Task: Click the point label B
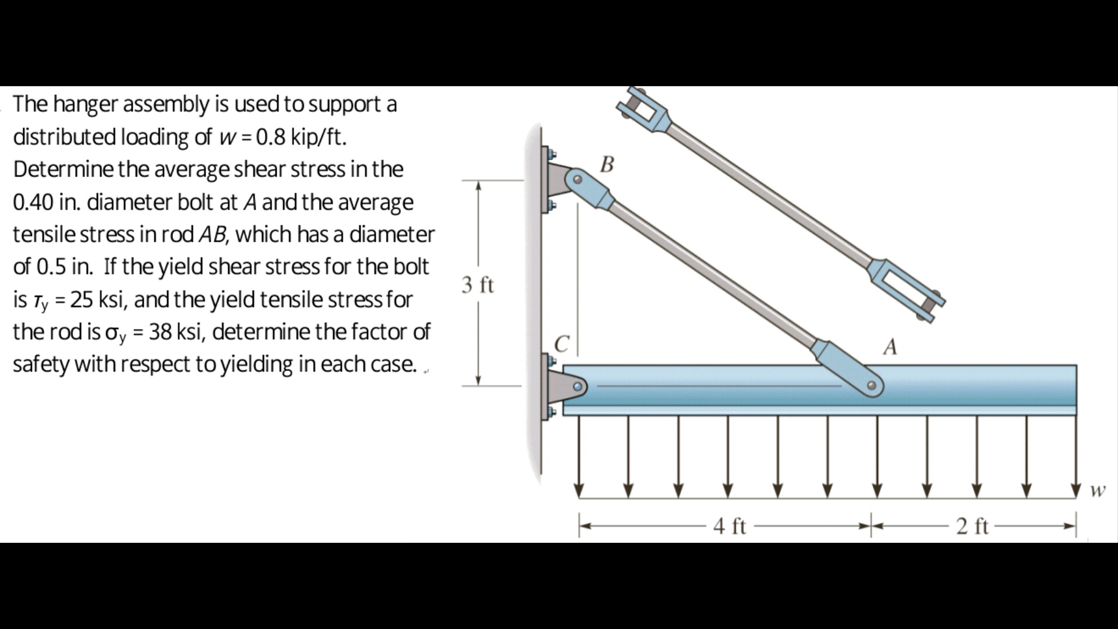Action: tap(607, 164)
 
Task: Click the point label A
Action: tap(890, 347)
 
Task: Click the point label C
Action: tap(561, 344)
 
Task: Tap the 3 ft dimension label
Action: tap(477, 285)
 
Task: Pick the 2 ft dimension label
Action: tap(972, 526)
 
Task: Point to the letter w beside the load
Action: tap(1097, 490)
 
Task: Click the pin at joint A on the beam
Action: tap(871, 386)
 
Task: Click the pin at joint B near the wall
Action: tap(577, 179)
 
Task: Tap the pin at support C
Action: tap(577, 386)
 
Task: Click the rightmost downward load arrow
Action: tap(1076, 460)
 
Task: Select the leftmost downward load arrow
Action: tap(578, 460)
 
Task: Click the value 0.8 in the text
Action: tap(271, 137)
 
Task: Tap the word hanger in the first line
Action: tap(86, 105)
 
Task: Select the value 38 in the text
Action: tap(161, 332)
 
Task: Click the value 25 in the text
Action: tap(82, 300)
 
